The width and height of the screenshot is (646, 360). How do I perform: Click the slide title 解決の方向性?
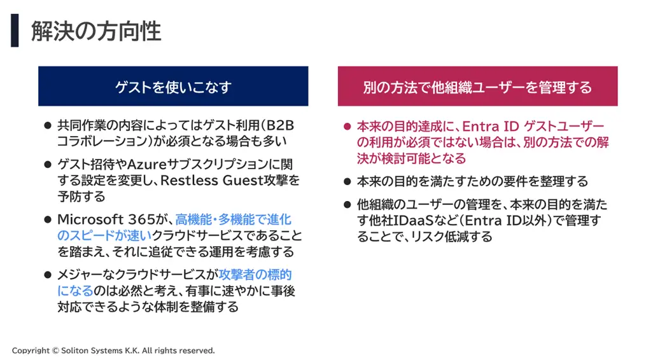96,31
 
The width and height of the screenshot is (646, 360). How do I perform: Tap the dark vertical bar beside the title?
15,31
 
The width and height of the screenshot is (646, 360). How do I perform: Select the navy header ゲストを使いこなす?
173,86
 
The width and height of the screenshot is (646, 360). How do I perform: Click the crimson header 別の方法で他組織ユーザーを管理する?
477,86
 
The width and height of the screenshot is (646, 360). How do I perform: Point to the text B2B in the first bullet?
280,125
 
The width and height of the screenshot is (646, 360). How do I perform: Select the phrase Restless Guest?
211,181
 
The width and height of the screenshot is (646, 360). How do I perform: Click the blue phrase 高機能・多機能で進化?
234,219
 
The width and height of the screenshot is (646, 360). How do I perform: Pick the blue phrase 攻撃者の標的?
255,275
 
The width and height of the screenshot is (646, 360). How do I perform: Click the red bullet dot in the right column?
348,127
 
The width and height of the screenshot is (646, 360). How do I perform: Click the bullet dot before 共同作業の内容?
48,126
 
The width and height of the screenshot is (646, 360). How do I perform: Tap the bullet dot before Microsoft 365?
48,220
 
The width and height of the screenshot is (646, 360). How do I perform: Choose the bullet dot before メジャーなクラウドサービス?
48,275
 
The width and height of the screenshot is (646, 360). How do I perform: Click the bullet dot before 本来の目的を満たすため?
348,182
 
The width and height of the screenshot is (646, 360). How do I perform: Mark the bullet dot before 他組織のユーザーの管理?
348,205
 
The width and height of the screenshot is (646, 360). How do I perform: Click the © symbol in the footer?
55,350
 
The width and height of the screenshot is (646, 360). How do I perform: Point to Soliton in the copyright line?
74,350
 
